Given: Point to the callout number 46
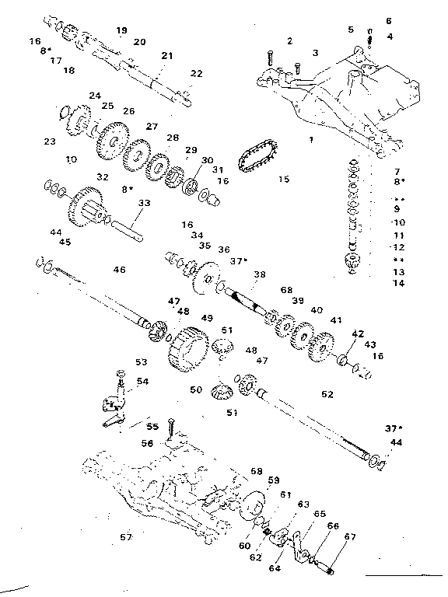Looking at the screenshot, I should tap(119, 270).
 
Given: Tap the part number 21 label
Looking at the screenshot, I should tap(167, 56).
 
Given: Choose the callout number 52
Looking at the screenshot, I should tap(327, 394).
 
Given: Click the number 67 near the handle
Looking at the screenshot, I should tap(350, 536).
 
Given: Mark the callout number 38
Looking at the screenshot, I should tap(258, 274).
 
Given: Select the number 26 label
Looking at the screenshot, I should tap(128, 110).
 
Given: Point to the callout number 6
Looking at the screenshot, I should tap(389, 21).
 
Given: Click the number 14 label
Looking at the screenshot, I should tap(400, 285).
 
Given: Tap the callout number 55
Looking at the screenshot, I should tap(152, 426).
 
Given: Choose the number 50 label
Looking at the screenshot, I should tap(195, 389).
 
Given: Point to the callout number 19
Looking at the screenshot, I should tap(121, 30).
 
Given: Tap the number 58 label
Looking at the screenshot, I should tap(256, 471).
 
